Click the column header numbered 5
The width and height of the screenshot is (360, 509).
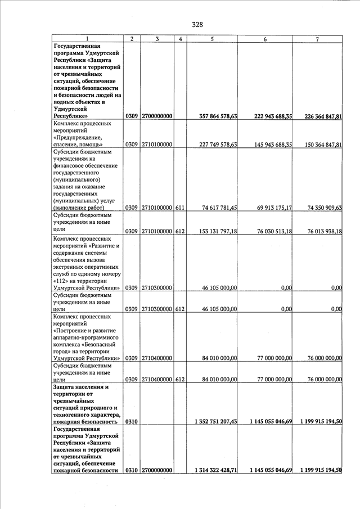pos(212,38)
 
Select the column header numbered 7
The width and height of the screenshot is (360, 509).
pos(317,38)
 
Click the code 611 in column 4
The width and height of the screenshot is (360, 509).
pos(180,208)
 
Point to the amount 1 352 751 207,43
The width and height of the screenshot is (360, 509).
pos(215,421)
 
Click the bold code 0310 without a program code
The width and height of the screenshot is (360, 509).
pos(132,421)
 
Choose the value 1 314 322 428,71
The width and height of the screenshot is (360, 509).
pos(215,470)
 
